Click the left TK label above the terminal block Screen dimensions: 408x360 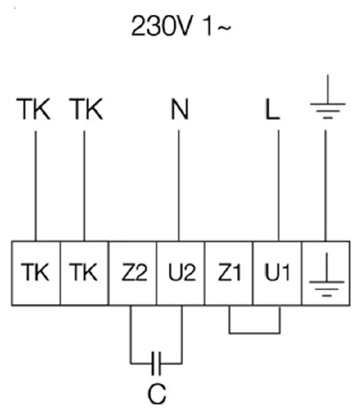[x=35, y=110]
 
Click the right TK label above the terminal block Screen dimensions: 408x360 [x=86, y=110]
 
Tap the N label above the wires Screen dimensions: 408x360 [x=179, y=110]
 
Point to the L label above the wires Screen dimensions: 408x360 [x=273, y=110]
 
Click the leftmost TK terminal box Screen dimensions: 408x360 [x=36, y=273]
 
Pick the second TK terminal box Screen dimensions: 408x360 [x=84, y=273]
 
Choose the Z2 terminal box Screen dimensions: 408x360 [x=132, y=273]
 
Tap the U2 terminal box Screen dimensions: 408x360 [x=181, y=273]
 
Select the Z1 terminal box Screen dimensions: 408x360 [x=229, y=273]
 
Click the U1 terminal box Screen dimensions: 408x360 [x=277, y=273]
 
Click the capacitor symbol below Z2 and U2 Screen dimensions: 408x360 [x=156, y=362]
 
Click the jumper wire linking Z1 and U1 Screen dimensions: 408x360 [x=255, y=331]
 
